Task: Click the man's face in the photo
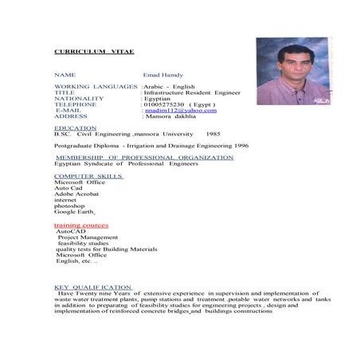pos(288,62)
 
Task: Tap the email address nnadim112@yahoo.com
pos(180,110)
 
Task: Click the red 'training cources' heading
pos(81,225)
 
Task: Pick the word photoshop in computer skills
pos(70,205)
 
